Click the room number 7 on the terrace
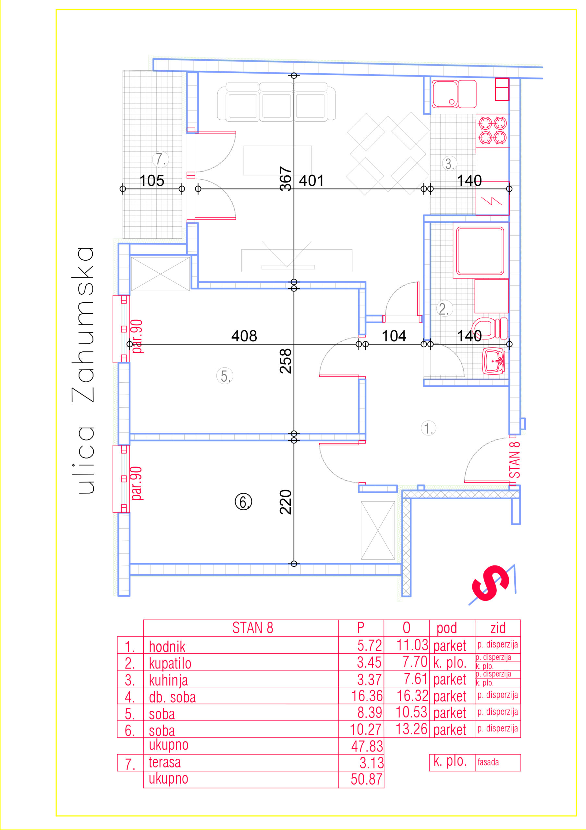161,160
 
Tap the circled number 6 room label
243,502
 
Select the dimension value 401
311,181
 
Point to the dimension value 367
286,179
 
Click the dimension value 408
244,336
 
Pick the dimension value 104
394,336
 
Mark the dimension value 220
286,502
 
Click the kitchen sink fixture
454,94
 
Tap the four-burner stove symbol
492,131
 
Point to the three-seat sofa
276,101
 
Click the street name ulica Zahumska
83,370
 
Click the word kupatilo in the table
170,664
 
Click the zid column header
498,628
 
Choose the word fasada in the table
488,762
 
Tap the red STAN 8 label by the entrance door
514,459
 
